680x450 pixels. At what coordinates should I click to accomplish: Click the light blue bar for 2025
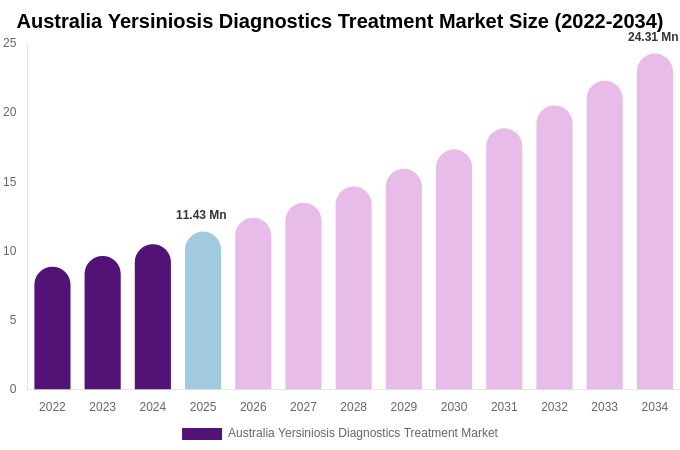coord(203,311)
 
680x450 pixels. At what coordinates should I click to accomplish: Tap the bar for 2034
coord(654,222)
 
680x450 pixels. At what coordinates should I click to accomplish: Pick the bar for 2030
coord(454,270)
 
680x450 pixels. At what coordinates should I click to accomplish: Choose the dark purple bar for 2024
coord(153,317)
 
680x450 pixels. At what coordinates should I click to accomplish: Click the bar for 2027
coord(303,296)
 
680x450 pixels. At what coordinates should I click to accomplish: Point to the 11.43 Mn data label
coord(201,215)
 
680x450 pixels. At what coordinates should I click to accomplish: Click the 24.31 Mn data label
coord(652,37)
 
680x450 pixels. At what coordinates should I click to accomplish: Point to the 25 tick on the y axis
coord(10,43)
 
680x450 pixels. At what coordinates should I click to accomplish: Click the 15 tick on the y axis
coord(10,182)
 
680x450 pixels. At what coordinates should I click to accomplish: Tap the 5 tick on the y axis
coord(13,320)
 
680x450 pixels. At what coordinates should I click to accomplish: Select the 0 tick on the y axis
coord(13,389)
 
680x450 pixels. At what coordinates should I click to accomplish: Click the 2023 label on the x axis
coord(102,407)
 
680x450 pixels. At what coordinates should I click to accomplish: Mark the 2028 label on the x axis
coord(353,407)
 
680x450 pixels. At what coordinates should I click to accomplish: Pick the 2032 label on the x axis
coord(554,407)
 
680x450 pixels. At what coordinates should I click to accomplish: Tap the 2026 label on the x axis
coord(253,407)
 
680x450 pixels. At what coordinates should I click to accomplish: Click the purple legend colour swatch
coord(202,434)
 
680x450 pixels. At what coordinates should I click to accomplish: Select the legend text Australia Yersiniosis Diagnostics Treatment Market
coord(362,433)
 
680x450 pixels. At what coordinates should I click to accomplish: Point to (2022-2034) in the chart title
coord(608,21)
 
